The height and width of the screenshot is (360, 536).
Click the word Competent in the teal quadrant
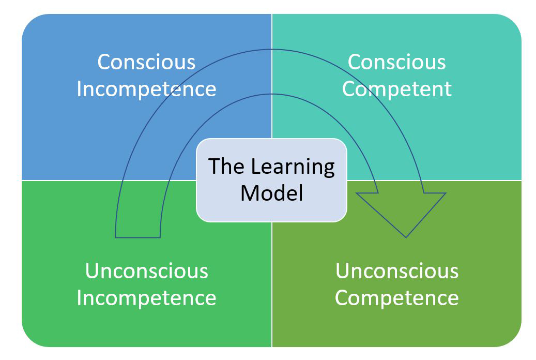[396, 89]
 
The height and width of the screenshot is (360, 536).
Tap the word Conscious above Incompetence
[146, 62]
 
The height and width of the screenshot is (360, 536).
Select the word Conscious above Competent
[396, 62]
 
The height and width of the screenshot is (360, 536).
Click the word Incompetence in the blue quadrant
[146, 89]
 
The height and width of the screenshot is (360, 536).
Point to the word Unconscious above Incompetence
[146, 271]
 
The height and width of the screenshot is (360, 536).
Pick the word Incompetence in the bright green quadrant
[146, 298]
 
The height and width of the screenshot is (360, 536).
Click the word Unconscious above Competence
[396, 271]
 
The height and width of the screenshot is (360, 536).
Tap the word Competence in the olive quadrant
[396, 298]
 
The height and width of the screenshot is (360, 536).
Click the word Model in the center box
[271, 193]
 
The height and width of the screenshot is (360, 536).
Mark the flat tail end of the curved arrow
[137, 237]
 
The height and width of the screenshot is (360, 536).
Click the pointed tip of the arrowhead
[406, 236]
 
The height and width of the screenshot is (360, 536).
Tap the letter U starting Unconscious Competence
[341, 271]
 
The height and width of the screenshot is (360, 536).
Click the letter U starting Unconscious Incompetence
[91, 271]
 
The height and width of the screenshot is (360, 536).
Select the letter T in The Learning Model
[213, 167]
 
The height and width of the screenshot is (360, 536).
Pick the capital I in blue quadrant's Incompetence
[79, 89]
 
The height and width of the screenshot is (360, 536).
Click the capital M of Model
[249, 193]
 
